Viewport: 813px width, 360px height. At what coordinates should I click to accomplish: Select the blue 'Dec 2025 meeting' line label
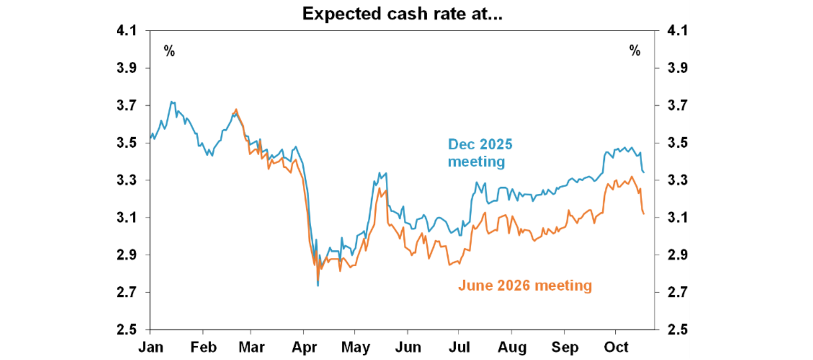pyautogui.click(x=480, y=152)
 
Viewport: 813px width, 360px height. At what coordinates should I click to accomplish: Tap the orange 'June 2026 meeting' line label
pyautogui.click(x=525, y=286)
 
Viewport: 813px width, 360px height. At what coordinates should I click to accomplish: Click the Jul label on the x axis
pyautogui.click(x=458, y=347)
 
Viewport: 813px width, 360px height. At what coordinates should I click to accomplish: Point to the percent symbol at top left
pyautogui.click(x=169, y=51)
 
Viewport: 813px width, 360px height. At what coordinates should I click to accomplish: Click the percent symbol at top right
pyautogui.click(x=635, y=51)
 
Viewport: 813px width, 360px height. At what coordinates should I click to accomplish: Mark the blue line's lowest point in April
pyautogui.click(x=318, y=286)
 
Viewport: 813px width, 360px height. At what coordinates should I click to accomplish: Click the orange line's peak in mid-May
pyautogui.click(x=380, y=188)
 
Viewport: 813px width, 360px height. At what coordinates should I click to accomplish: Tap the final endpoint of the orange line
pyautogui.click(x=644, y=214)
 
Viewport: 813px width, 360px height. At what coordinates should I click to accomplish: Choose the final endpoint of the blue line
pyautogui.click(x=644, y=172)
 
